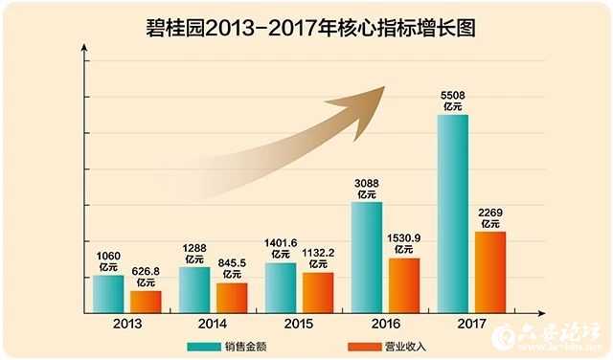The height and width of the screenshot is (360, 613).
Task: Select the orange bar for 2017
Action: [x=490, y=272]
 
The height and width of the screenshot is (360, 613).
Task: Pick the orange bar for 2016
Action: [x=404, y=284]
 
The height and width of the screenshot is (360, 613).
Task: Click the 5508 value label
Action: [x=453, y=96]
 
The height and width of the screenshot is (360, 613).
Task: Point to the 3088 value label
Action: [x=366, y=183]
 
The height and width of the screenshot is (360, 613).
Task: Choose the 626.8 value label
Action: [x=146, y=272]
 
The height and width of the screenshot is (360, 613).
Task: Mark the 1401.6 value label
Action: [x=280, y=243]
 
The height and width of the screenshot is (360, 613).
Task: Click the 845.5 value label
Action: [x=232, y=263]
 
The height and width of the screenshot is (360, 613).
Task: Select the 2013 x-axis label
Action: [x=126, y=324]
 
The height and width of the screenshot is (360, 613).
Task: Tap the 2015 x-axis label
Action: [x=299, y=324]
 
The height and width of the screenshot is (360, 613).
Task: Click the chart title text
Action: [x=306, y=28]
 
